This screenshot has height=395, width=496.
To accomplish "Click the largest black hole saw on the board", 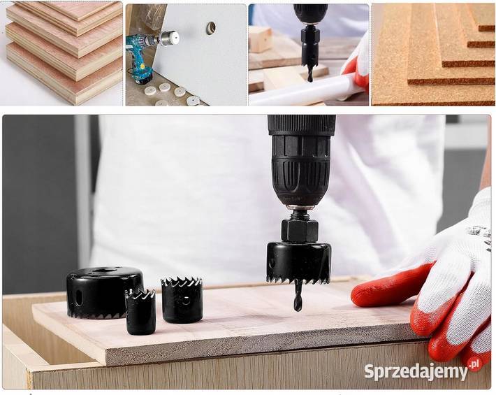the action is click(103, 293).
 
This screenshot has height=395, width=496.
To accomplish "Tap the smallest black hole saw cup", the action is click(140, 312).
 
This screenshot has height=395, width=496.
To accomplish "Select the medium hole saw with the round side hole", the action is click(182, 300).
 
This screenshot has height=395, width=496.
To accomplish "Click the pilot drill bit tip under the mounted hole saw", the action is click(296, 308).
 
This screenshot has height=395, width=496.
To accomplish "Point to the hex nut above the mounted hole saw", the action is click(300, 231).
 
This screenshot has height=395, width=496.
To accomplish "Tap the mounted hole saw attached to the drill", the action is click(299, 263).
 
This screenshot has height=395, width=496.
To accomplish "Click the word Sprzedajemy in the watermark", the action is click(416, 371).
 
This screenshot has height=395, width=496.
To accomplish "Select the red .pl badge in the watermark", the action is click(475, 364).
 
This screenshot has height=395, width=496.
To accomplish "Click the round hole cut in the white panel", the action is click(211, 27).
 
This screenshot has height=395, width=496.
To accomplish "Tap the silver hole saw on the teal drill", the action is click(169, 38).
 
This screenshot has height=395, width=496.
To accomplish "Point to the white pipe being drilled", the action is click(304, 90).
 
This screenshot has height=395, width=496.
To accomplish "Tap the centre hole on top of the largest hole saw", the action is click(104, 271).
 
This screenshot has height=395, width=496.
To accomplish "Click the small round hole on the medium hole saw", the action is click(187, 300).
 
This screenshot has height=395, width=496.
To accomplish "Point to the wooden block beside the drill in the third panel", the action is click(261, 39).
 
